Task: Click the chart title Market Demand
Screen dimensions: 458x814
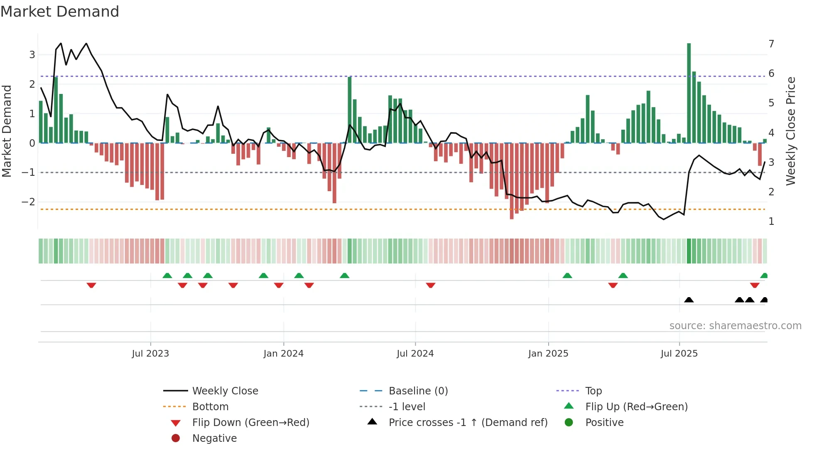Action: (x=60, y=12)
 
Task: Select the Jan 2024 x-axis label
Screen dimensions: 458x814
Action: (x=283, y=354)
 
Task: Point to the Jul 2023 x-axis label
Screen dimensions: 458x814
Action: (x=150, y=354)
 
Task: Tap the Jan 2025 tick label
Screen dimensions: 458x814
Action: (x=548, y=354)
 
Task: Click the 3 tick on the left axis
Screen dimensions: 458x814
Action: (x=32, y=54)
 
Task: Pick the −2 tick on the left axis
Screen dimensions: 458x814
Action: (x=29, y=202)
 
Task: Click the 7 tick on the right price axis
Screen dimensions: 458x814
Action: (x=771, y=44)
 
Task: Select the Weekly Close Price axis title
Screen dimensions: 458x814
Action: (x=791, y=131)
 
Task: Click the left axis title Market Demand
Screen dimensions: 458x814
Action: (x=7, y=131)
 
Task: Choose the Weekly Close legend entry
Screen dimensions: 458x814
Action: (x=225, y=391)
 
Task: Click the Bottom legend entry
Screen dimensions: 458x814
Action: (x=210, y=406)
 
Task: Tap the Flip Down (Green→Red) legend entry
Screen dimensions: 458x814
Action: (x=250, y=422)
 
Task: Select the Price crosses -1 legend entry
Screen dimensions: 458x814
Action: (x=468, y=422)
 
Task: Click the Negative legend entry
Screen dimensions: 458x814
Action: (x=214, y=438)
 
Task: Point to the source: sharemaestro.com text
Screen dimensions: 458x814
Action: (x=735, y=325)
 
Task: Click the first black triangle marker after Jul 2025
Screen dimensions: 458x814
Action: (x=689, y=300)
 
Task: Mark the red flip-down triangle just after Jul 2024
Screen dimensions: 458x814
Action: (x=431, y=285)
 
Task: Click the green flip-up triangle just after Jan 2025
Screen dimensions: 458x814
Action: (x=567, y=276)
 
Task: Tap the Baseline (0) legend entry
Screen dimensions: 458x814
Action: (x=418, y=391)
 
